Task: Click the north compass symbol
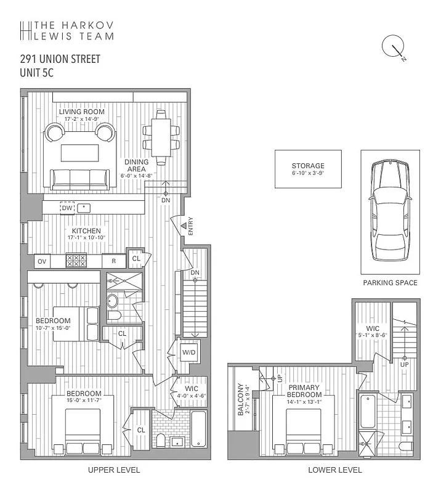(392, 49)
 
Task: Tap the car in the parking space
(389, 211)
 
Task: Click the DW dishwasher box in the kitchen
(67, 208)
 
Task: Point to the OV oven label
(42, 262)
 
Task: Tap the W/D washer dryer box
(188, 352)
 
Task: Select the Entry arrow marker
(183, 226)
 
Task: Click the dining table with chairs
(161, 137)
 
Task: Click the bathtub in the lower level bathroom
(366, 410)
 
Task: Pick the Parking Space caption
(390, 283)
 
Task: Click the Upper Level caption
(115, 470)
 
